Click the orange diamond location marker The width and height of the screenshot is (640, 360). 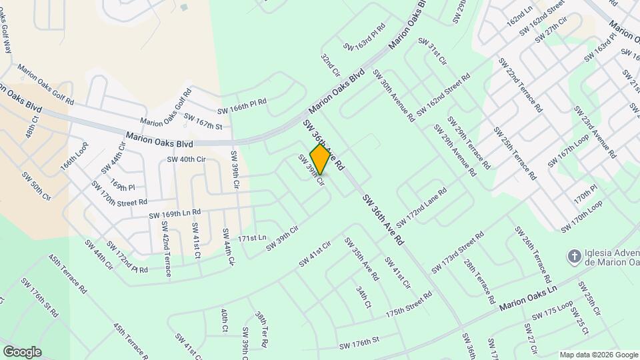click(x=321, y=159)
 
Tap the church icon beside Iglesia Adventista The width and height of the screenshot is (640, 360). click(x=572, y=256)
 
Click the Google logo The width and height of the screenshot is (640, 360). click(x=22, y=351)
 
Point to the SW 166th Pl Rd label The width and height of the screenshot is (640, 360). click(x=242, y=106)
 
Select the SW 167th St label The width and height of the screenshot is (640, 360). click(x=203, y=122)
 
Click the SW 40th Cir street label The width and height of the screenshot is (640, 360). click(x=185, y=159)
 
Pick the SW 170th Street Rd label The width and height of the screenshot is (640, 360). click(x=120, y=193)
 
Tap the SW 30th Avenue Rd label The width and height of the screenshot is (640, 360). click(x=395, y=95)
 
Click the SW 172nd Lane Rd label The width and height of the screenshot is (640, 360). click(x=421, y=207)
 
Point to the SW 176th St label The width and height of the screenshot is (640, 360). click(x=359, y=343)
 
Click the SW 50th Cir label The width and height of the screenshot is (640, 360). click(x=37, y=187)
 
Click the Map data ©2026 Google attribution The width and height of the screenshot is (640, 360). click(x=598, y=354)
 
